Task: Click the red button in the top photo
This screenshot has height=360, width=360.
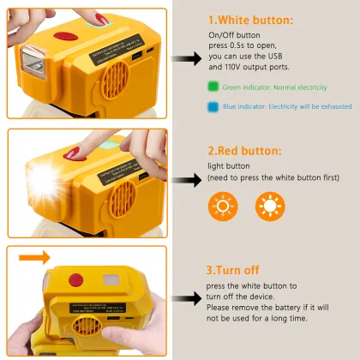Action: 65,37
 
